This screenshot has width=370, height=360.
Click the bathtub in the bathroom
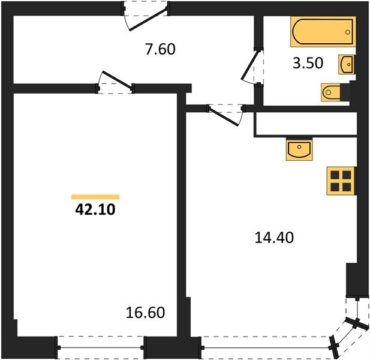coord(323,32)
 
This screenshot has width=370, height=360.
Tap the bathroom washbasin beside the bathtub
coord(347,63)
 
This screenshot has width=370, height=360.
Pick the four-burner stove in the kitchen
coord(340,181)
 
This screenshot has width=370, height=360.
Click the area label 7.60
coord(160,49)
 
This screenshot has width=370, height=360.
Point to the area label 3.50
coord(306,64)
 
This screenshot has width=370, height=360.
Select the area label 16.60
coord(145,313)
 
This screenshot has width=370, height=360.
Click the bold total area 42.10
coord(95,209)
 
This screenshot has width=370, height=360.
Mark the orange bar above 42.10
coord(95,197)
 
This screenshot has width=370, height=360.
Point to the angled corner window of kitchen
coord(351,330)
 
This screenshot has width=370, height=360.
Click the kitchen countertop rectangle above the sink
coord(306,125)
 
